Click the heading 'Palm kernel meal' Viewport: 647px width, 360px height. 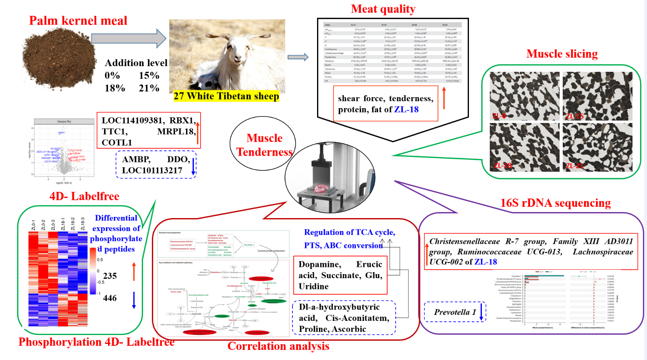click(78, 21)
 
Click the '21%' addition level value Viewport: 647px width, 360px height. click(149, 88)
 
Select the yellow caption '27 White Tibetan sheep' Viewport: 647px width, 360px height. click(226, 96)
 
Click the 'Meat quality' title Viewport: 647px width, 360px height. click(383, 9)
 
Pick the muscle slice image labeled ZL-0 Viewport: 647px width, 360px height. click(525, 96)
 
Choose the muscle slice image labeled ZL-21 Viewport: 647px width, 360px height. click(597, 147)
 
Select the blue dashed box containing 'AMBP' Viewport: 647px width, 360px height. click(156, 164)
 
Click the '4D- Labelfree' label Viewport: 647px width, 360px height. click(84, 196)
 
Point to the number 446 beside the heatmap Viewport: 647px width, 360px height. click(110, 298)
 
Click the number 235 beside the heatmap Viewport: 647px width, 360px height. click(110, 276)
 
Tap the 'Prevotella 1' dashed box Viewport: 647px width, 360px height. click(455, 312)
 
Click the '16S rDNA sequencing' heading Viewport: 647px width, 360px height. click(555, 203)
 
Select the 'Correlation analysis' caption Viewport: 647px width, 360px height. click(278, 346)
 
